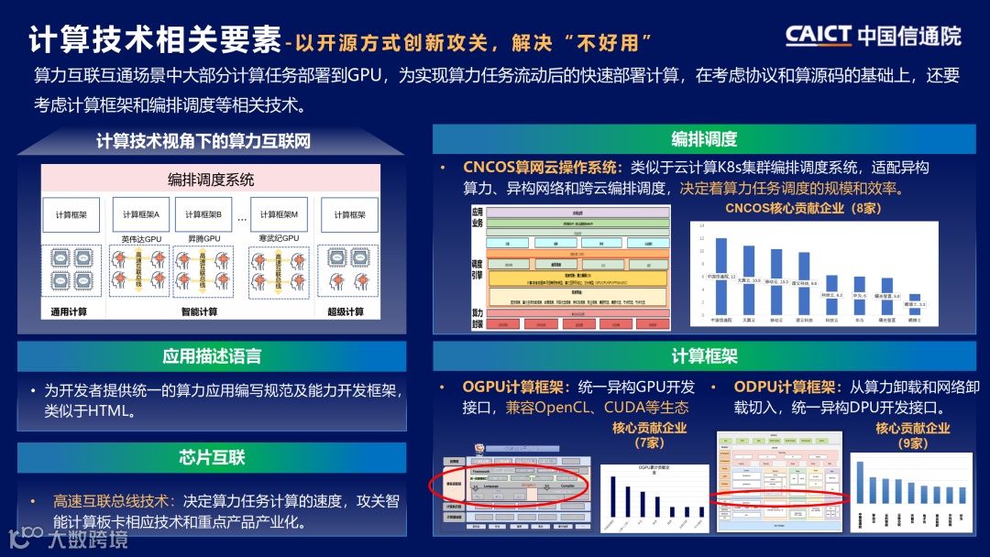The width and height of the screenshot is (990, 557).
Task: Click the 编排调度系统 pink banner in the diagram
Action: click(x=211, y=179)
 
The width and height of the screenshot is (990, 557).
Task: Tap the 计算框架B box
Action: click(x=203, y=215)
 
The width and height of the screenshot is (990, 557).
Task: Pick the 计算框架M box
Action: click(x=278, y=215)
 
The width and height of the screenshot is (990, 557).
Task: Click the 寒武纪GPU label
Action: click(x=278, y=239)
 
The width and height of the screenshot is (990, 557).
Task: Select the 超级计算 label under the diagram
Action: click(x=349, y=312)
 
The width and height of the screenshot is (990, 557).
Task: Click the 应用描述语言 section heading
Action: click(x=212, y=356)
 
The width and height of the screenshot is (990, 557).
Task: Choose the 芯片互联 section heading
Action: click(x=212, y=457)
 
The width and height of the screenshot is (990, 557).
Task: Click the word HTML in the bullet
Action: click(x=110, y=411)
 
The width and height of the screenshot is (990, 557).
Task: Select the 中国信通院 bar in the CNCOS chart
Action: click(x=721, y=275)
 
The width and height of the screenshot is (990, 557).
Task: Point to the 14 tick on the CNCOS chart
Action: click(x=702, y=225)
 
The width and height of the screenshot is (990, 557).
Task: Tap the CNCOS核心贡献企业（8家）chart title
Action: click(x=803, y=208)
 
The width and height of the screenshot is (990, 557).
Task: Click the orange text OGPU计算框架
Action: click(x=514, y=387)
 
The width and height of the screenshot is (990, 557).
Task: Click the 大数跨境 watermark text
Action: click(x=87, y=539)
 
